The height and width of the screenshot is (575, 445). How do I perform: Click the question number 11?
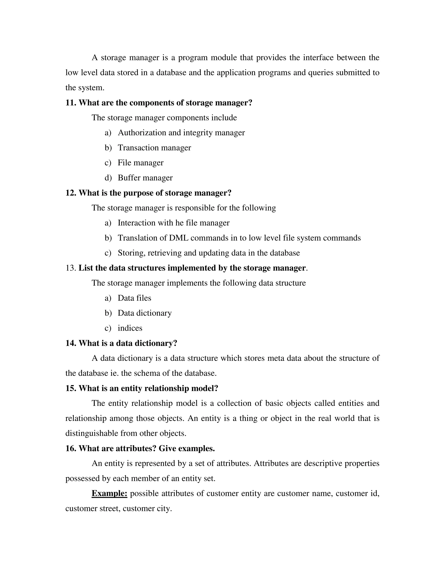point(71,103)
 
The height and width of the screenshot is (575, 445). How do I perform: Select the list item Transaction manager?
point(154,148)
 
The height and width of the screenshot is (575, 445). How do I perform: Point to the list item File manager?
point(141,163)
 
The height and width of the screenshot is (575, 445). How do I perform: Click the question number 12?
point(71,193)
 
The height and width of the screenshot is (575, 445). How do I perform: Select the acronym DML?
point(178,238)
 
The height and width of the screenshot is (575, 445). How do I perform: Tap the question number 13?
point(71,268)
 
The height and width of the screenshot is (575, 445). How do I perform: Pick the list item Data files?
point(134,298)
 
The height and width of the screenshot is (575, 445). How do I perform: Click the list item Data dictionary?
point(144,313)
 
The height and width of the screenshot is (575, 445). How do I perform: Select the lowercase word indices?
point(130,328)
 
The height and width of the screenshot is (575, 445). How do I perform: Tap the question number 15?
point(71,388)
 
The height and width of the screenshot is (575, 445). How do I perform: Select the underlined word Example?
point(110,493)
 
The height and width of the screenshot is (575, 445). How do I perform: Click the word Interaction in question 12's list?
point(136,223)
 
